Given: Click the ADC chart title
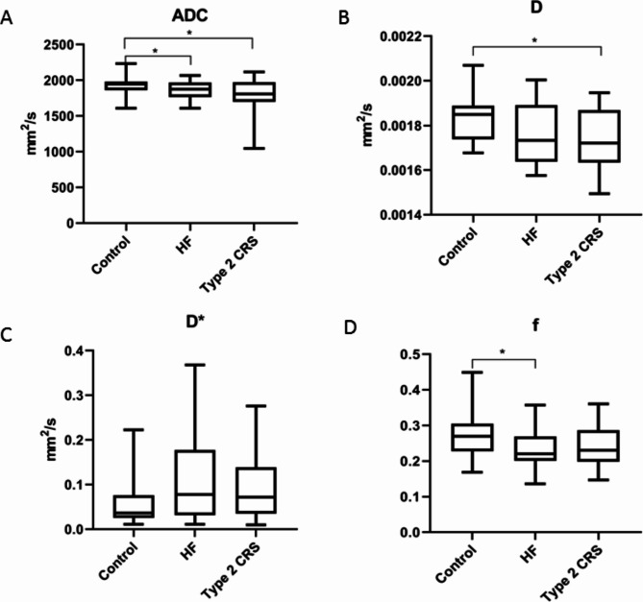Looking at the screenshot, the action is [x=190, y=15].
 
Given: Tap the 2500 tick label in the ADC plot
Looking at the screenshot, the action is [x=59, y=44].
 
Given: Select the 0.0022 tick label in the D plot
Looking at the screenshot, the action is [x=401, y=36].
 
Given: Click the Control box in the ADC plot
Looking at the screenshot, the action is [x=126, y=85].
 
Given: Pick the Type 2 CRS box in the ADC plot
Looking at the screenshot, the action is [x=254, y=92].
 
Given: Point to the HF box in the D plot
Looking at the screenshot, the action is [x=536, y=133].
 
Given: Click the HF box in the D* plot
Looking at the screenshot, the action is [x=195, y=482].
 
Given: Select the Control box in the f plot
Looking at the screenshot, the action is [x=473, y=438].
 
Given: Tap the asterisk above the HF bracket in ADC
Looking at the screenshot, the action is [x=155, y=51].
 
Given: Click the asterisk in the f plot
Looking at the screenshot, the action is [x=503, y=351].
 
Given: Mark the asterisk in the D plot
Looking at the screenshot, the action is [x=534, y=40].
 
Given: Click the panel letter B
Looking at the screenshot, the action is [x=344, y=18].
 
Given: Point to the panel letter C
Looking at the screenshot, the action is [x=6, y=335].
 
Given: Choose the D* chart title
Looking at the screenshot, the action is [x=195, y=322].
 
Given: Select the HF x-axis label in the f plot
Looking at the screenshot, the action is [x=530, y=554].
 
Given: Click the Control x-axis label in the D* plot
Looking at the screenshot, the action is [x=118, y=561].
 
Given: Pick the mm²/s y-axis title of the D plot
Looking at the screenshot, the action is [x=366, y=125].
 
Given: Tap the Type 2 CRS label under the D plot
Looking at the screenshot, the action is [x=574, y=255].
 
